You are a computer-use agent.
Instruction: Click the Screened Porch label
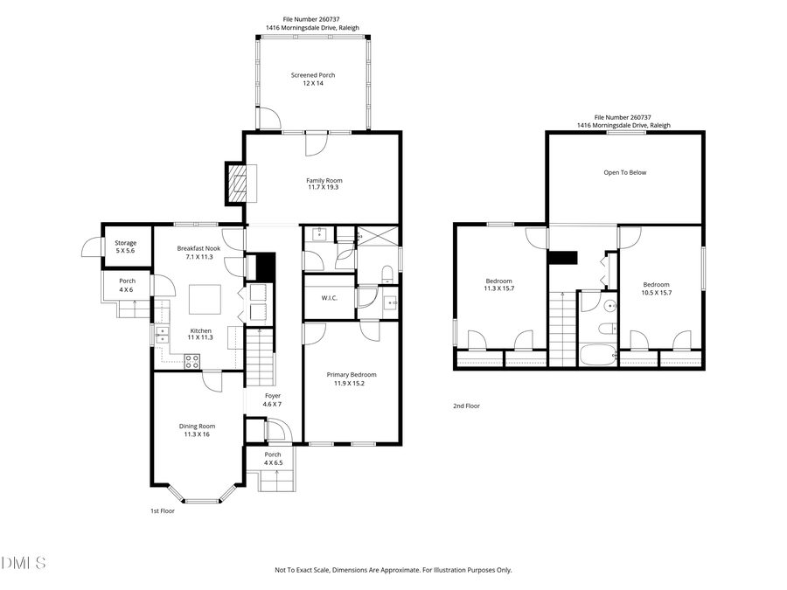pos(313,75)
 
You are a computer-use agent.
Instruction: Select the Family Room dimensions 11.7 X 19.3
pos(324,187)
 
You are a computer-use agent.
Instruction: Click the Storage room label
pos(126,243)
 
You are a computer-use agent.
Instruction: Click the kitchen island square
pos(208,301)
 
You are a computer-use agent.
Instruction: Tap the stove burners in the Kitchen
pos(192,359)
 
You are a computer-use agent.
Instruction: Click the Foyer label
pos(273,396)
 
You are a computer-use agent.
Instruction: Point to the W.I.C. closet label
pos(330,298)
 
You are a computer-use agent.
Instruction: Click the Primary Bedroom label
pos(352,375)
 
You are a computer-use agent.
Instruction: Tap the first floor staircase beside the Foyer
pos(260,359)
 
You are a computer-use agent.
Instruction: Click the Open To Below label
pos(625,172)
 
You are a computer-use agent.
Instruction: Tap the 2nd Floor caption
pos(466,406)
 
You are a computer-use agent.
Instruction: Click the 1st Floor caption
pos(162,510)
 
